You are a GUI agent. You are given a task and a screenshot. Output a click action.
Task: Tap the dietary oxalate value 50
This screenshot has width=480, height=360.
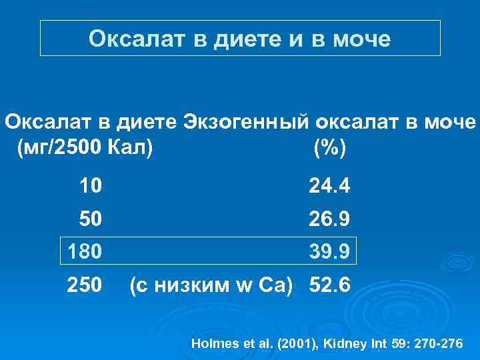(x=91, y=219)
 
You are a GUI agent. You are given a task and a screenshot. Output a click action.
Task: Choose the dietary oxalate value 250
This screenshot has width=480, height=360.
(x=85, y=285)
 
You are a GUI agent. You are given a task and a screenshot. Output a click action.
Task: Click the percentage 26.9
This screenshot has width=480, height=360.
(x=329, y=219)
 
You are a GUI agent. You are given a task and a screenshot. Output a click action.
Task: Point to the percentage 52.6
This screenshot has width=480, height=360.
(x=329, y=285)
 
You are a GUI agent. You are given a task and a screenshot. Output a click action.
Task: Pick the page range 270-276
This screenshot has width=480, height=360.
(x=439, y=344)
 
